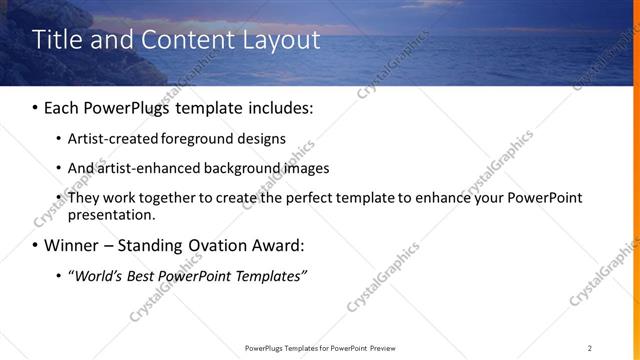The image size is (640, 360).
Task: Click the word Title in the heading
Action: [58, 40]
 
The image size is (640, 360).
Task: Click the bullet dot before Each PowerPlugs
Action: [36, 105]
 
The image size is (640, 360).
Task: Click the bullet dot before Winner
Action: [36, 245]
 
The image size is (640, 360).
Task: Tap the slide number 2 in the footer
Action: [590, 347]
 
